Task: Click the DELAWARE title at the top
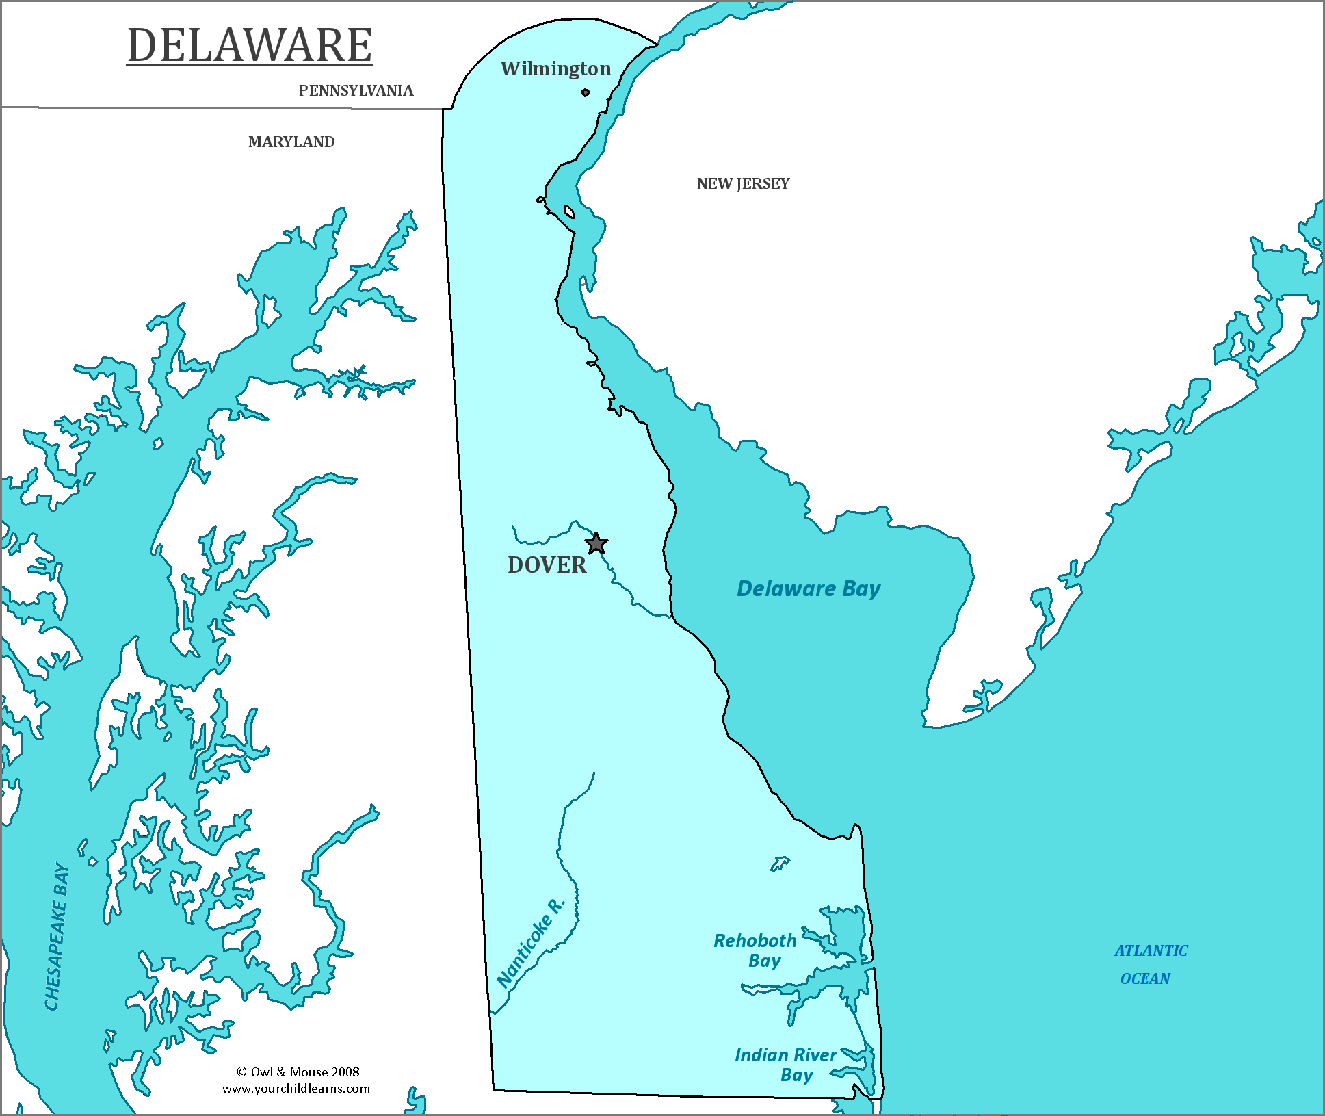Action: [x=250, y=46]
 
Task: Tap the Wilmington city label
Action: [x=555, y=68]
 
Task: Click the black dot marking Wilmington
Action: [x=586, y=92]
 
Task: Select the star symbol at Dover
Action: [x=596, y=544]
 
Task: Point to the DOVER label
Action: [x=547, y=565]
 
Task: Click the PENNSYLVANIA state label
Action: [x=356, y=91]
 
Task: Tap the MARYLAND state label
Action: [x=291, y=142]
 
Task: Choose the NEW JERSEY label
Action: [x=743, y=184]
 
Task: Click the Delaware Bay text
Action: [x=808, y=588]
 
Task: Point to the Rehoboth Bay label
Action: [x=755, y=950]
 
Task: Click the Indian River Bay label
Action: [x=785, y=1065]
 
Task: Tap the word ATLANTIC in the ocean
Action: [x=1151, y=950]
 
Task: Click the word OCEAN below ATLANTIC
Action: [x=1144, y=978]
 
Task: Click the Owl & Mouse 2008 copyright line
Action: [x=298, y=1072]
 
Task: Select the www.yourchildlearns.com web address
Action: [x=296, y=1089]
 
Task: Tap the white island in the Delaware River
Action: [x=569, y=212]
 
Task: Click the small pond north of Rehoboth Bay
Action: [x=779, y=864]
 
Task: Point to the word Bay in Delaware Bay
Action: [x=861, y=589]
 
